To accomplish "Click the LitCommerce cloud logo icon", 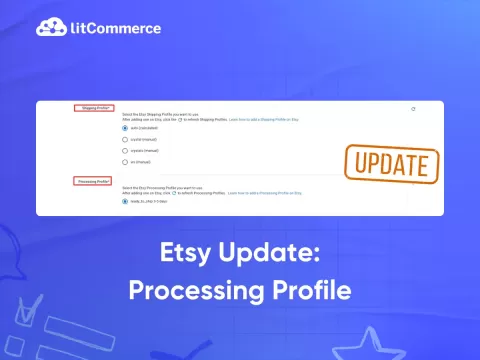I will click(x=49, y=27).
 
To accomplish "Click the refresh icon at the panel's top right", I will click(x=413, y=108).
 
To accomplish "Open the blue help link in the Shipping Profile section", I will click(x=267, y=120).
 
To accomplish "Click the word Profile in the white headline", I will click(x=305, y=289).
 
